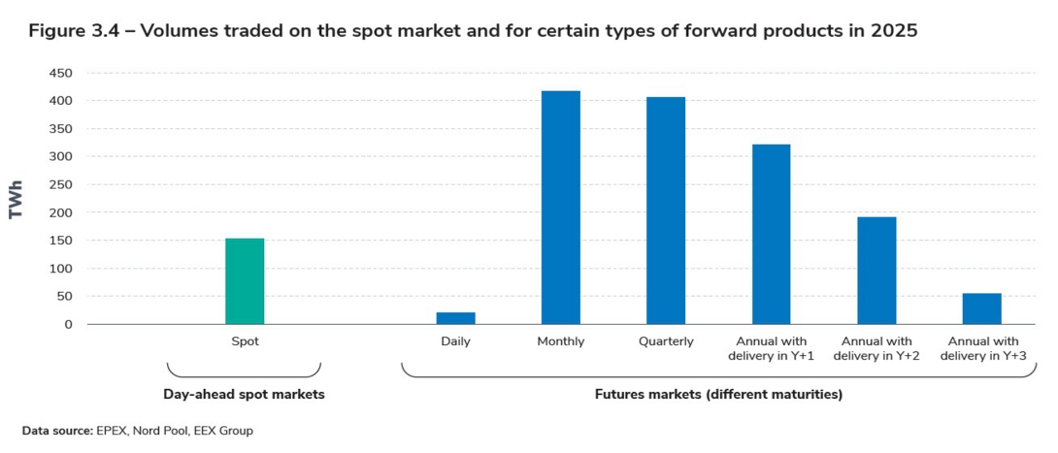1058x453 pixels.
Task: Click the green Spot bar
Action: pyautogui.click(x=245, y=281)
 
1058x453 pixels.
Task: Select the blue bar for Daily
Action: pyautogui.click(x=455, y=318)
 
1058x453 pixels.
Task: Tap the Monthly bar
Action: pyautogui.click(x=561, y=208)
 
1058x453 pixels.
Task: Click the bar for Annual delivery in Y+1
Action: pyautogui.click(x=771, y=234)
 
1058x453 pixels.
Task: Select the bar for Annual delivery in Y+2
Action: pyautogui.click(x=876, y=271)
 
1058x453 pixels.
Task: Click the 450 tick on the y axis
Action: pyautogui.click(x=61, y=73)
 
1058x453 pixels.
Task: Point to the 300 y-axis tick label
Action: pyautogui.click(x=61, y=156)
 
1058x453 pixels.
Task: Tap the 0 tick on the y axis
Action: pyautogui.click(x=68, y=324)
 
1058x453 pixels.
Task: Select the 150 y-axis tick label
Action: pyautogui.click(x=61, y=241)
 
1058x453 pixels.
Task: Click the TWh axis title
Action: pyautogui.click(x=17, y=199)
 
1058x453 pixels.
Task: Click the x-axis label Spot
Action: pyautogui.click(x=245, y=341)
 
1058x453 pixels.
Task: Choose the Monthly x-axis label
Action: pyautogui.click(x=561, y=341)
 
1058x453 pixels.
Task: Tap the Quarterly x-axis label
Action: pyautogui.click(x=666, y=341)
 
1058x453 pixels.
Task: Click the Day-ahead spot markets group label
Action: pyautogui.click(x=244, y=395)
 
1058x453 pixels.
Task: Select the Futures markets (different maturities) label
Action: pyautogui.click(x=718, y=395)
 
